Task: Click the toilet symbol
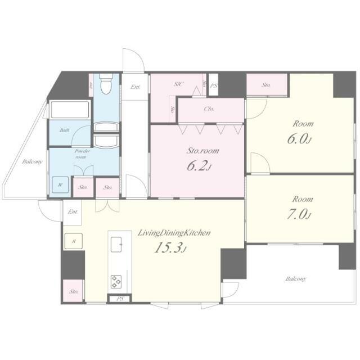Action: [105, 85]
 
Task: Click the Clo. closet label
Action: [209, 109]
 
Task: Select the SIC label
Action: [178, 84]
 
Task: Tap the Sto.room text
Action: [202, 151]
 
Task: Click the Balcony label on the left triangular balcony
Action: [32, 162]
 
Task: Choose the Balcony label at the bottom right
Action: [295, 278]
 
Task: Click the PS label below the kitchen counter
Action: [119, 299]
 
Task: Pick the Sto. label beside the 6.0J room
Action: [266, 85]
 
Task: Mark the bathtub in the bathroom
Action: [70, 109]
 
